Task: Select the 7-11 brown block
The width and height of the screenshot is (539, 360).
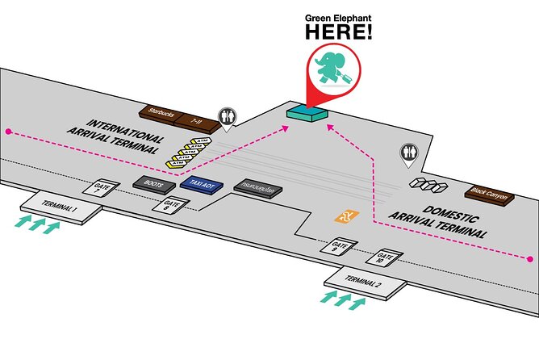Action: (198, 122)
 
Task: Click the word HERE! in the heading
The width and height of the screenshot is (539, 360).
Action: (339, 32)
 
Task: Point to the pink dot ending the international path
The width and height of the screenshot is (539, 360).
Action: (9, 131)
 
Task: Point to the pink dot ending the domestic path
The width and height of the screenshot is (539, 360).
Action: (530, 259)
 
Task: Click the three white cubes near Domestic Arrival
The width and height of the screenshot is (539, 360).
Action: (428, 186)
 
